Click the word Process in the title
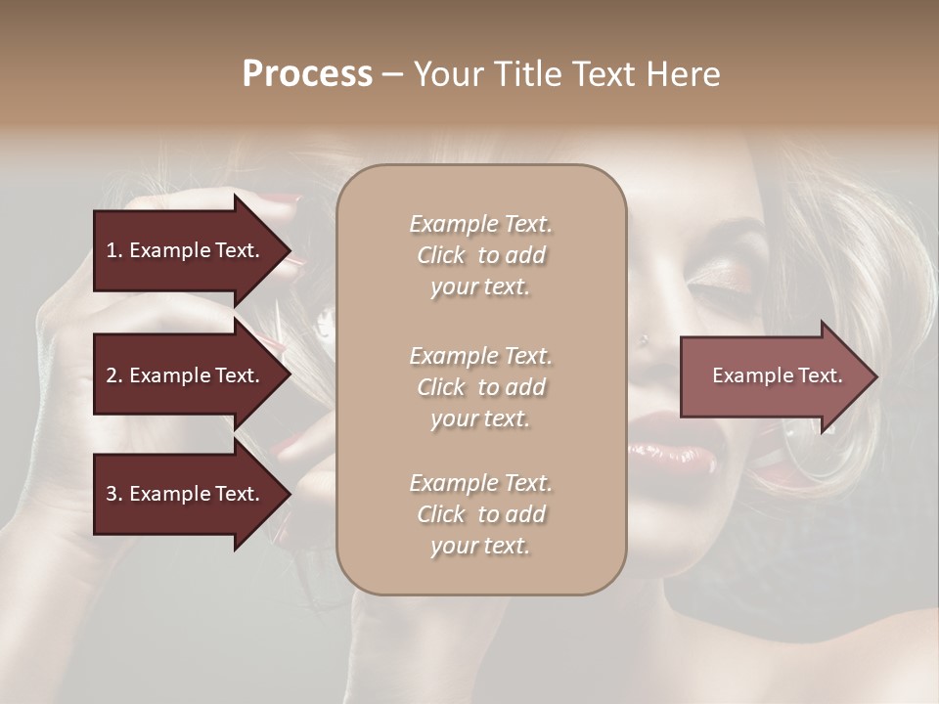point(307,74)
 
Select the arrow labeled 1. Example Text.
point(186,250)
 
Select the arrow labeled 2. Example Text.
point(186,375)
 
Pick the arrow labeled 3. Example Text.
point(186,494)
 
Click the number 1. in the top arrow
point(113,250)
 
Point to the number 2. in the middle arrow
point(113,375)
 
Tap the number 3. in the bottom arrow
point(113,494)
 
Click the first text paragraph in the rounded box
point(480,255)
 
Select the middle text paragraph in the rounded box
point(480,386)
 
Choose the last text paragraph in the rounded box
point(480,514)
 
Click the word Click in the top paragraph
point(441,255)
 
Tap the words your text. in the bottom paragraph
point(480,546)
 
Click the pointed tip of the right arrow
point(875,376)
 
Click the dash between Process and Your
point(392,74)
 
